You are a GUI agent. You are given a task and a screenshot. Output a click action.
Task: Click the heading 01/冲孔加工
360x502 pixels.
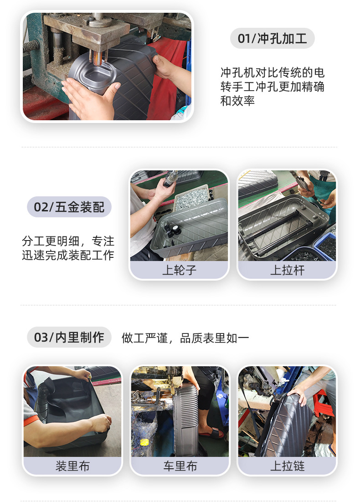pos(272,38)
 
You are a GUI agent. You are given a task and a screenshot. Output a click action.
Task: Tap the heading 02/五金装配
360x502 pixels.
pos(69,207)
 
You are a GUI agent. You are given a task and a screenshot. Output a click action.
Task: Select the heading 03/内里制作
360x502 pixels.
pos(69,338)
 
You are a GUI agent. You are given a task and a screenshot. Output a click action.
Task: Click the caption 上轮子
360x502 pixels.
pos(179,270)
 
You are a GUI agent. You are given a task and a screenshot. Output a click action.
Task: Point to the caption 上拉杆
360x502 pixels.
pos(287,270)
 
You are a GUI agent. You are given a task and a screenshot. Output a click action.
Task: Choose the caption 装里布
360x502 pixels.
pos(72,466)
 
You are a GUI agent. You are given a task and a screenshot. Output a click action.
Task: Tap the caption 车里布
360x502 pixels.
pos(180,466)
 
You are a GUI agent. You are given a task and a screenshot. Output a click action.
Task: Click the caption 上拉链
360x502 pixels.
pos(287,466)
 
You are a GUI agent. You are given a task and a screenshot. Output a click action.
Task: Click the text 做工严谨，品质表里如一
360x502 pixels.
pos(185,338)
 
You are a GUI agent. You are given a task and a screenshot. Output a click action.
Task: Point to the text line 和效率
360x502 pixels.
pos(237,101)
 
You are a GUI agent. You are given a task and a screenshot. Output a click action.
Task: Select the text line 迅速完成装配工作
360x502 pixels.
pos(68,255)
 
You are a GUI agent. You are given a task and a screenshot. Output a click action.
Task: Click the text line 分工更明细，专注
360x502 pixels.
pos(68,241)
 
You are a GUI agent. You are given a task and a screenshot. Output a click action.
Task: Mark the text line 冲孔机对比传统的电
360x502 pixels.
pos(272,73)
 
